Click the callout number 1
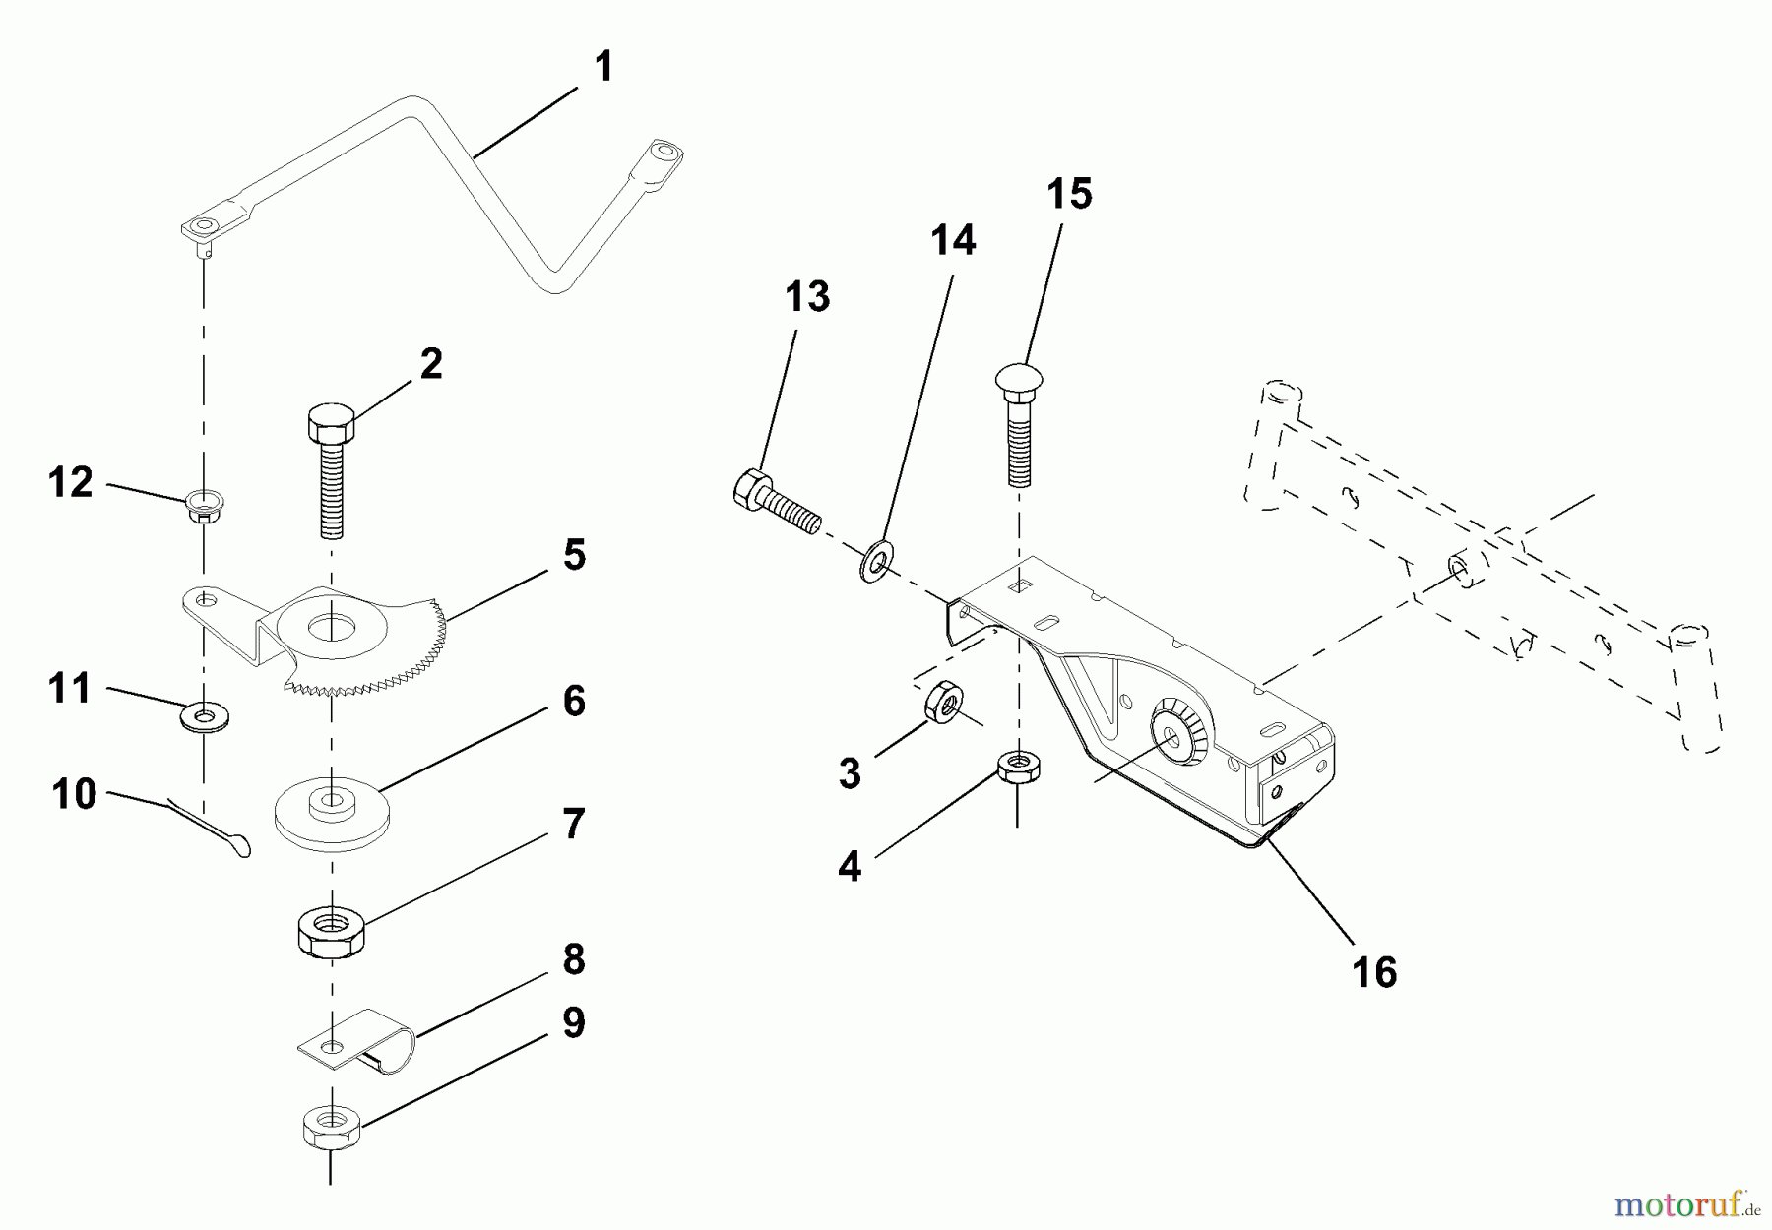click(x=603, y=67)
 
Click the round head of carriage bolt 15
click(x=1019, y=380)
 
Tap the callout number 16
click(x=1374, y=972)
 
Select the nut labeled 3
click(x=942, y=702)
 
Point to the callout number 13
click(x=807, y=296)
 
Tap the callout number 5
click(x=574, y=554)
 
